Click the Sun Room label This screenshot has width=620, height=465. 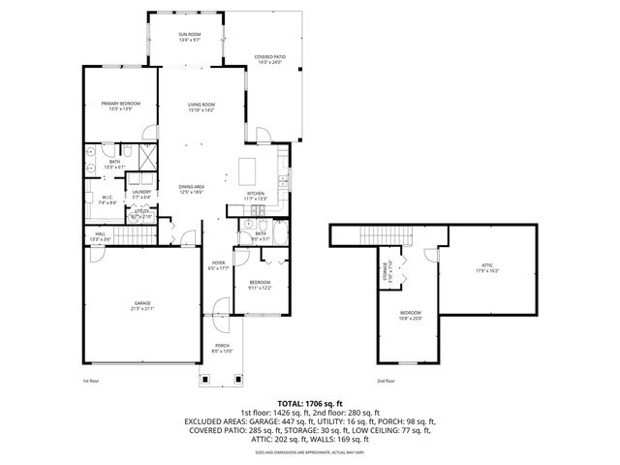[189, 38]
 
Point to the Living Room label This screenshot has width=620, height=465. [201, 107]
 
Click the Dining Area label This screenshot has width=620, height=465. [191, 189]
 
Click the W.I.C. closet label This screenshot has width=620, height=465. [108, 201]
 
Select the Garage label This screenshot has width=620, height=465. [141, 306]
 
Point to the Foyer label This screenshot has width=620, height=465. [219, 266]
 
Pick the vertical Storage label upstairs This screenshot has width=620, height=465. [387, 270]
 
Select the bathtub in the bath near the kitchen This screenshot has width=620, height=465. [279, 232]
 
